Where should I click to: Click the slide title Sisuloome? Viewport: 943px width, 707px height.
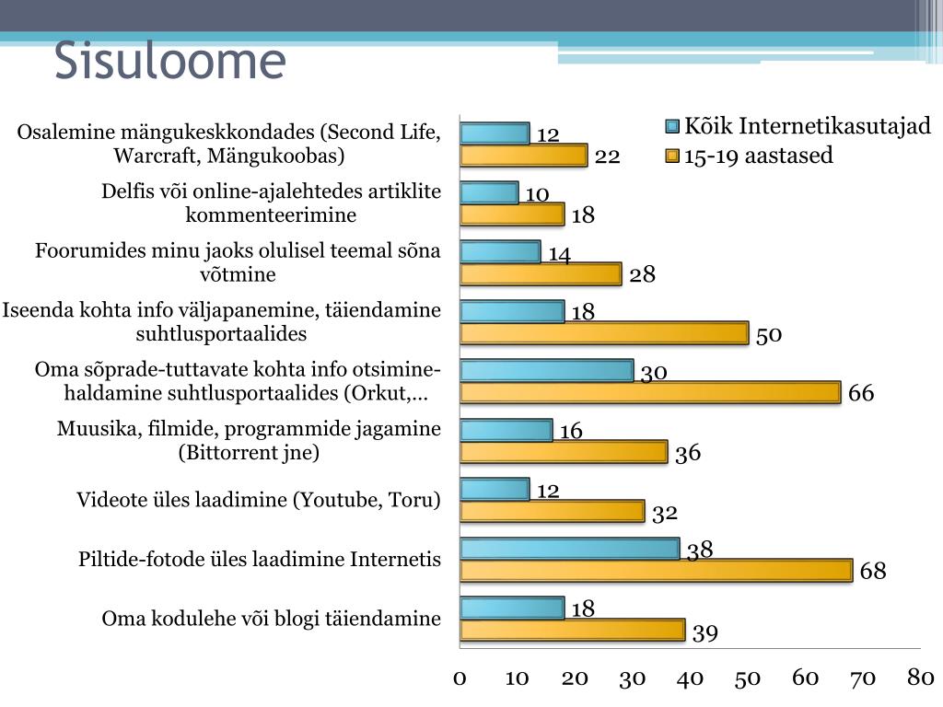(170, 62)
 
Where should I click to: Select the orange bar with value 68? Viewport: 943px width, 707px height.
(656, 571)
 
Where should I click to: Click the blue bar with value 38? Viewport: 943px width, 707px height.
(569, 549)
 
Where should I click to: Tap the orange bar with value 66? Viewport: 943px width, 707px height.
(650, 392)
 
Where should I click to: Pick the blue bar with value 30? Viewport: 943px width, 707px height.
(546, 370)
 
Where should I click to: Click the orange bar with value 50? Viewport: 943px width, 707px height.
(604, 333)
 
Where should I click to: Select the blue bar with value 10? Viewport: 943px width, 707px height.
(489, 192)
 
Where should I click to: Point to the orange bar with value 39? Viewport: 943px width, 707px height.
(572, 631)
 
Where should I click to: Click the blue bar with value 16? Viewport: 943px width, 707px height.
(506, 430)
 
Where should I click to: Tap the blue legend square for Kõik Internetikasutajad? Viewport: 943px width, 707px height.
(672, 127)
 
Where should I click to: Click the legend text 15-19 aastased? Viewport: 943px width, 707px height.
(758, 156)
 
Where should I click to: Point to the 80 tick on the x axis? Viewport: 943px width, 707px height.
(921, 678)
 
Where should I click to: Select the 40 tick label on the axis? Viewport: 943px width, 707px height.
(690, 678)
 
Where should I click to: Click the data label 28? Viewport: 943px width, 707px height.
(643, 274)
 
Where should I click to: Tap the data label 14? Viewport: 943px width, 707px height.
(560, 254)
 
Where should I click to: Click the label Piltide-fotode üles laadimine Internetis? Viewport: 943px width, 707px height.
(260, 560)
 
